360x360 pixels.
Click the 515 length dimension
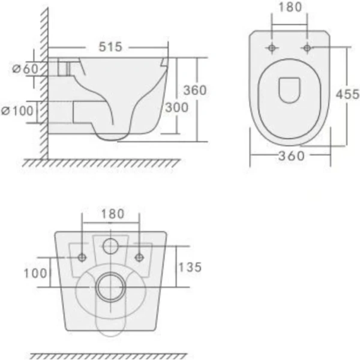pos(110,47)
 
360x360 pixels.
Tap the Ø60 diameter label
pos(25,68)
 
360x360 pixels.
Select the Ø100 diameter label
pos(17,111)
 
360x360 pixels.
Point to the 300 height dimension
pos(176,107)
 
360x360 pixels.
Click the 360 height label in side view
pos(195,90)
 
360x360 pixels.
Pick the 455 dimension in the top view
pos(347,94)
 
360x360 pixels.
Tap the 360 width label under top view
pos(292,156)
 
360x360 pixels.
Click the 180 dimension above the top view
pos(290,7)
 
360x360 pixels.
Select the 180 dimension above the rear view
pos(113,214)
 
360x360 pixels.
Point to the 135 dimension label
pos(190,267)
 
